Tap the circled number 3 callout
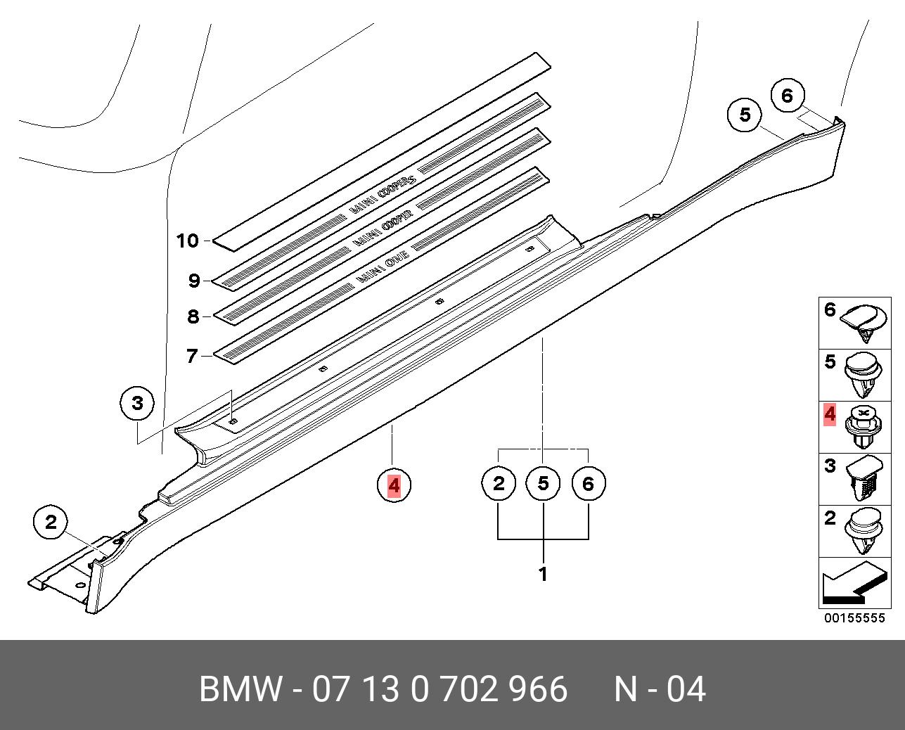coord(137,403)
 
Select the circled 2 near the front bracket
coord(51,522)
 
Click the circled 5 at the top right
coord(745,114)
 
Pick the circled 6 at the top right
coord(787,95)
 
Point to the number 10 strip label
coord(188,241)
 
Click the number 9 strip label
coord(194,281)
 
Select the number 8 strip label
coord(193,316)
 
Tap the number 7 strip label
coord(192,356)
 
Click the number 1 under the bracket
coord(543,574)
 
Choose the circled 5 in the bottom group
coord(543,483)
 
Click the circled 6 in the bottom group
coord(588,483)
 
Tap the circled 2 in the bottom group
coord(499,483)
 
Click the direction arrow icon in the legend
coord(853,583)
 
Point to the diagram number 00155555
coord(854,618)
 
